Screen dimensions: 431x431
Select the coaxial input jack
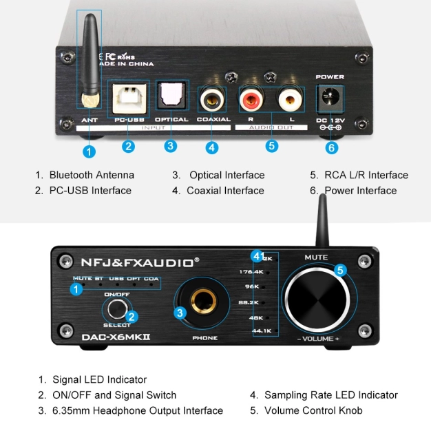pyautogui.click(x=212, y=100)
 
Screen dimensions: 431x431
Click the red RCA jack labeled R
pyautogui.click(x=249, y=101)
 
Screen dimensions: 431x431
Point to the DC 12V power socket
pyautogui.click(x=330, y=100)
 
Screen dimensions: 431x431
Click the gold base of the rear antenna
pyautogui.click(x=89, y=98)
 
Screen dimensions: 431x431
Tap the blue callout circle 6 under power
pyautogui.click(x=332, y=147)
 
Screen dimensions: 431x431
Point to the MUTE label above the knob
pyautogui.click(x=316, y=257)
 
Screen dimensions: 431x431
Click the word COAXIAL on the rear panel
pyautogui.click(x=213, y=120)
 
